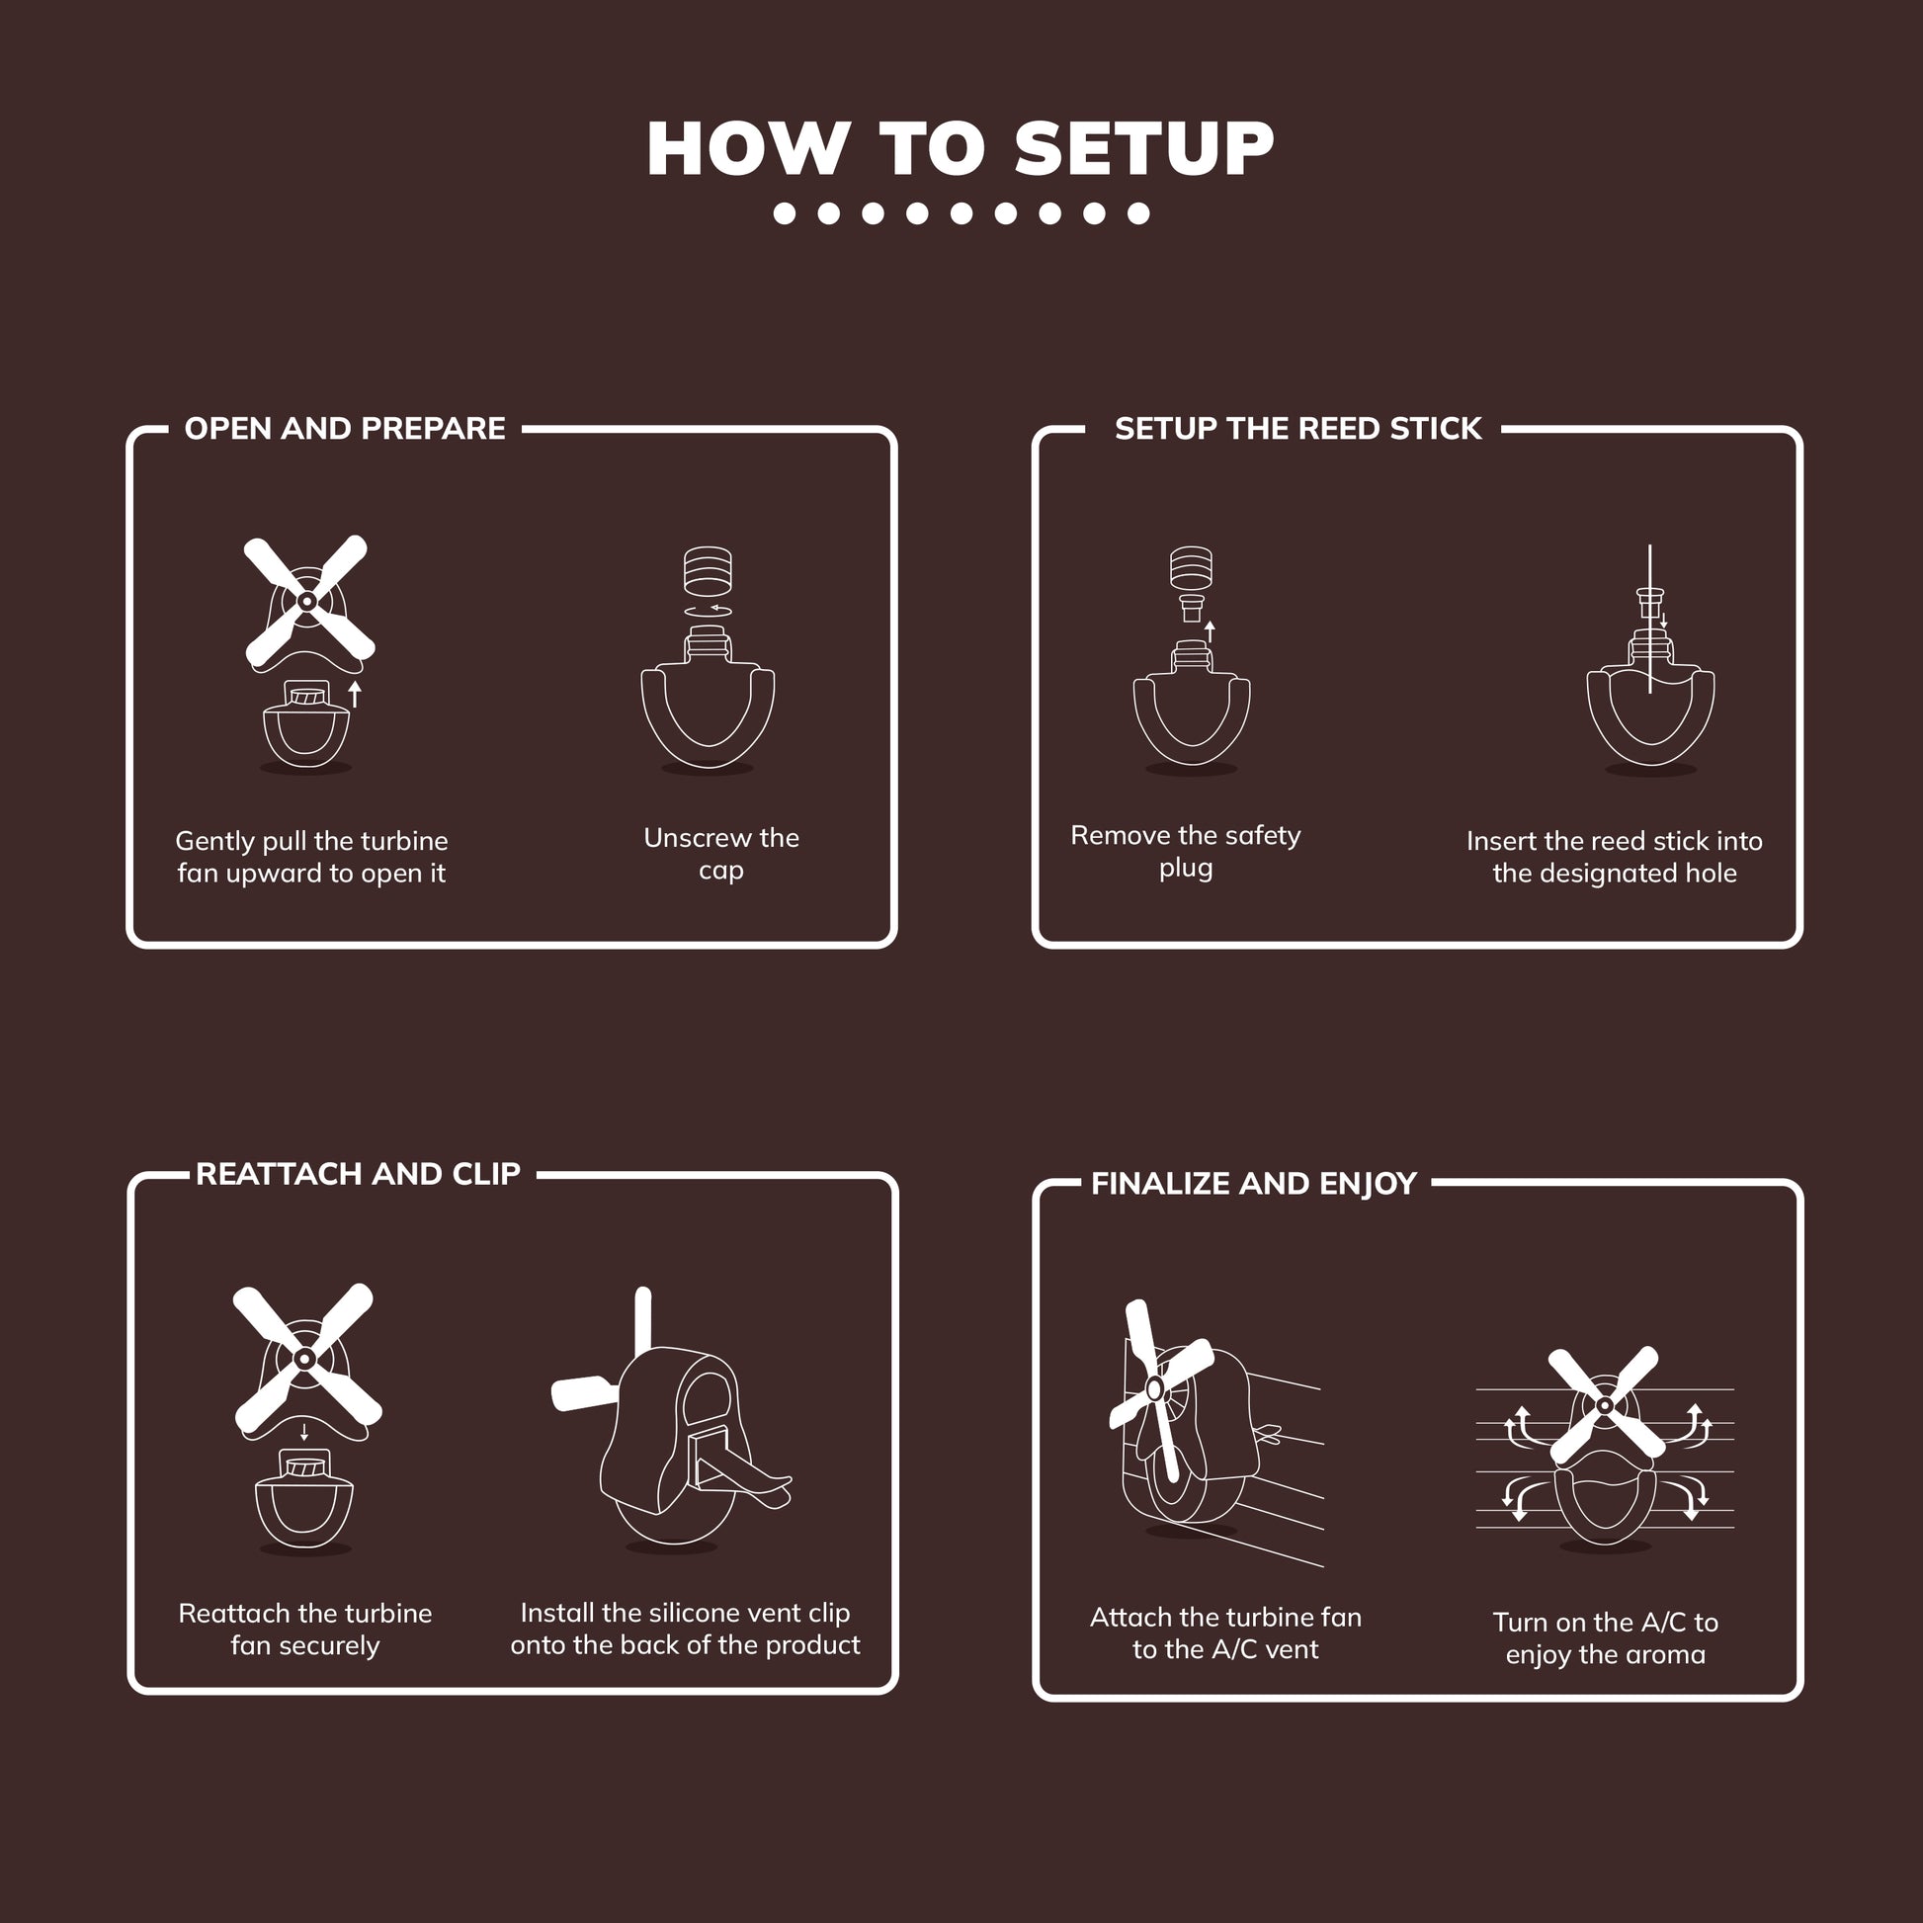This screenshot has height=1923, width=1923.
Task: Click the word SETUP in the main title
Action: (x=1143, y=149)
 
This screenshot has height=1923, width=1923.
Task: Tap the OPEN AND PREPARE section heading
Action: (x=345, y=428)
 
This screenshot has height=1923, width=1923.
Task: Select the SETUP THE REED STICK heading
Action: (x=1296, y=428)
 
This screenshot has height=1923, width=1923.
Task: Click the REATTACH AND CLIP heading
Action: (x=358, y=1174)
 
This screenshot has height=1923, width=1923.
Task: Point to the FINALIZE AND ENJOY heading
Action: (x=1253, y=1184)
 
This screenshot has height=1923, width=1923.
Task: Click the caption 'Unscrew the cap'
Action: (x=720, y=853)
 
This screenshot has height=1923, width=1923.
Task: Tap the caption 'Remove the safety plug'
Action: (x=1185, y=850)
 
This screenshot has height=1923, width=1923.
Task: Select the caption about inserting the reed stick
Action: (x=1614, y=856)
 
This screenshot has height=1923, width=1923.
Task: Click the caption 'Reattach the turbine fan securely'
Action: (x=304, y=1629)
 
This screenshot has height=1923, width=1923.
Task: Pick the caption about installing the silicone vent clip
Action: (x=685, y=1629)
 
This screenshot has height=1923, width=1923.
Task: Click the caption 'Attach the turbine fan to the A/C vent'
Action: (x=1225, y=1632)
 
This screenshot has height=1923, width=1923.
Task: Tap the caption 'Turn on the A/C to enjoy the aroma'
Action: (x=1605, y=1637)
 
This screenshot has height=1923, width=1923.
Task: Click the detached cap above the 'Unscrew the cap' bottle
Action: (x=708, y=568)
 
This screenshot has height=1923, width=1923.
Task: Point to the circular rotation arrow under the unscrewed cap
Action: (x=708, y=610)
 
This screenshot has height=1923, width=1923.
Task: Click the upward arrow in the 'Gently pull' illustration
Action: (x=355, y=694)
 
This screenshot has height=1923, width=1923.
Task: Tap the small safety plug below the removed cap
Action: (x=1191, y=606)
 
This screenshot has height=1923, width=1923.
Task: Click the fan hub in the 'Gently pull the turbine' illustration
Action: (x=306, y=601)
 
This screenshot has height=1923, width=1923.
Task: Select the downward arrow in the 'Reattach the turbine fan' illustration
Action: (x=304, y=1431)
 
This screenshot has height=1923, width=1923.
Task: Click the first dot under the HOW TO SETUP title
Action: (x=785, y=213)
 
